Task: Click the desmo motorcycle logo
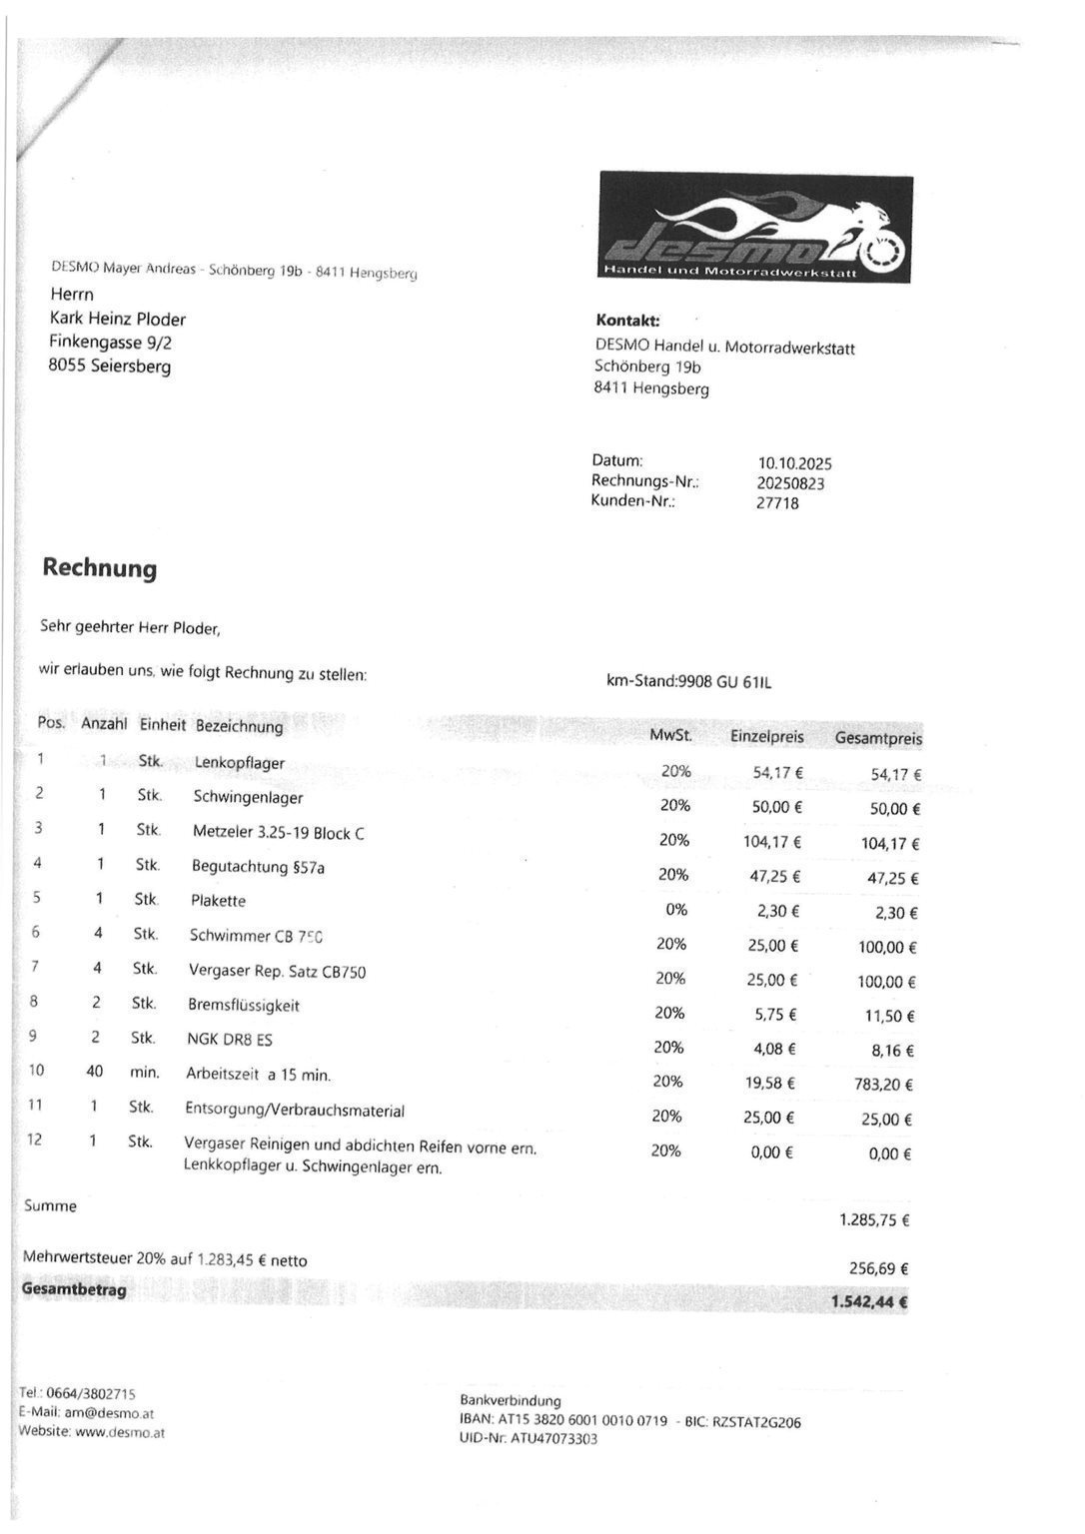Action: [x=755, y=228]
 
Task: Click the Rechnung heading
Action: [x=100, y=568]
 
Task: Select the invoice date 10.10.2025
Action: [x=794, y=463]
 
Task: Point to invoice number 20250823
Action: [x=790, y=483]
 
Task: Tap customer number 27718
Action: [x=777, y=503]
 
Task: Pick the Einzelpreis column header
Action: [x=766, y=737]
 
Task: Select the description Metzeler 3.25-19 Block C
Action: [x=278, y=832]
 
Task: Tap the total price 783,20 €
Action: [x=885, y=1084]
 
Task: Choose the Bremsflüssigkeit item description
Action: [x=243, y=1005]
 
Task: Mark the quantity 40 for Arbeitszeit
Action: [x=95, y=1072]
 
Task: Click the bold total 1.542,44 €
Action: [x=868, y=1301]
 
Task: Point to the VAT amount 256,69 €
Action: [x=878, y=1268]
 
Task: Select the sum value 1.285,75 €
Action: [x=874, y=1219]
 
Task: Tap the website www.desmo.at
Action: [x=120, y=1432]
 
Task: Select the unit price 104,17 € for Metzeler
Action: [x=771, y=842]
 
